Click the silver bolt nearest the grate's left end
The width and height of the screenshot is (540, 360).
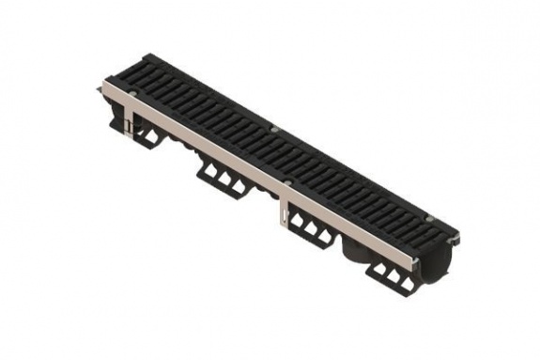click(132, 94)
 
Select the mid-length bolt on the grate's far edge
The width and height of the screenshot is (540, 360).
click(274, 129)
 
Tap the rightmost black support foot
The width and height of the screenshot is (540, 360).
click(389, 275)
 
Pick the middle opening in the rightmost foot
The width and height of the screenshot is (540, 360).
click(389, 275)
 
